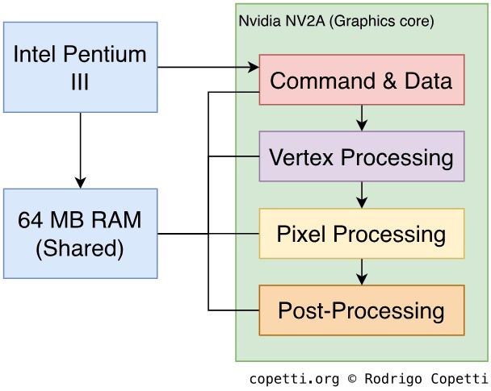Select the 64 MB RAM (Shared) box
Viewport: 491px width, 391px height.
tap(80, 234)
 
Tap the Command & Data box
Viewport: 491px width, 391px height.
tap(361, 80)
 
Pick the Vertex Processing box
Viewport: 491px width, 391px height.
tap(361, 156)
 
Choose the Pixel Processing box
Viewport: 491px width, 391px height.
tap(361, 234)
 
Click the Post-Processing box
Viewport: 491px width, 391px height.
tap(361, 310)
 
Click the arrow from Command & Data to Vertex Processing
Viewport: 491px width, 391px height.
tap(362, 118)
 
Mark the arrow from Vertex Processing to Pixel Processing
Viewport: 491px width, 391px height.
tap(362, 194)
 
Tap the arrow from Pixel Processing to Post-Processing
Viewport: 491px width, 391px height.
tap(362, 271)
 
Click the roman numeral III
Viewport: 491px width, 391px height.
tap(80, 81)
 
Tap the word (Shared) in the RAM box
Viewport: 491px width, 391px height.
tap(80, 247)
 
